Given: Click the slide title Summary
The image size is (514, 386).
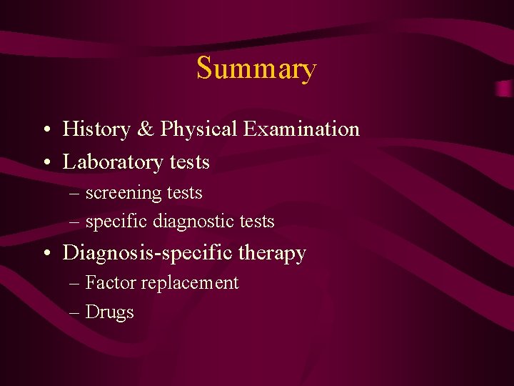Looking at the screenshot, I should [x=256, y=69].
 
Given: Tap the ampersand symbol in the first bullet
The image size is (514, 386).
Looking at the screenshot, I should [x=145, y=129].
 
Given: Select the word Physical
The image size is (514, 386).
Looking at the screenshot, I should [x=198, y=130].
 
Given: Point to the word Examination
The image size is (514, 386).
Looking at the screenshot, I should [x=301, y=129].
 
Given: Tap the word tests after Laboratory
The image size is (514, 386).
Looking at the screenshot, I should [x=189, y=163].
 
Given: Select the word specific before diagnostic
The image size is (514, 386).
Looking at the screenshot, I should [x=116, y=222].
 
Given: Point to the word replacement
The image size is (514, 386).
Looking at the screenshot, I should [x=190, y=284].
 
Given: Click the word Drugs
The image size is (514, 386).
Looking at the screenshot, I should [x=109, y=312].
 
